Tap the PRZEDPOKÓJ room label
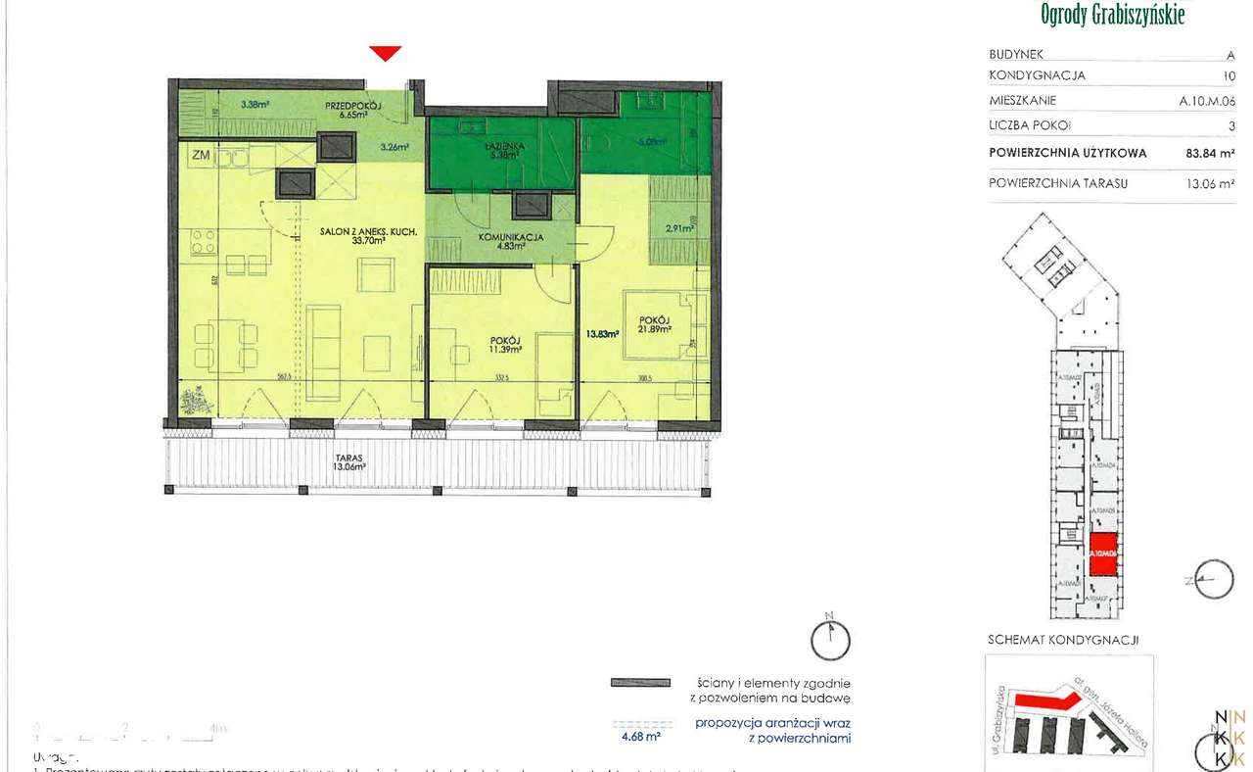(x=354, y=105)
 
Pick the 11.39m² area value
(x=506, y=349)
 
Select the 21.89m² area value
(x=656, y=329)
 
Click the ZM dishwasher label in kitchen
(x=201, y=154)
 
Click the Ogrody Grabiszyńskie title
(x=1113, y=15)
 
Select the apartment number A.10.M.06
(x=1206, y=100)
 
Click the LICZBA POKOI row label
(x=1030, y=125)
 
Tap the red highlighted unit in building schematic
(x=1104, y=555)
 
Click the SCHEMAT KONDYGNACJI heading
(x=1063, y=640)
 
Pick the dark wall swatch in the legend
(x=640, y=682)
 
